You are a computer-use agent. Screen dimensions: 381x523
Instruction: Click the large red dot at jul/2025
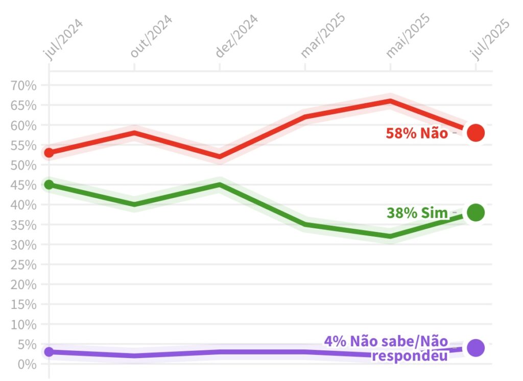[x=476, y=133]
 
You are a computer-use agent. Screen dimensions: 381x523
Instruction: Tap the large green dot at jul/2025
[x=476, y=212]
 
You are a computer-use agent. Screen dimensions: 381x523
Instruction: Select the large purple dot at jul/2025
[x=476, y=348]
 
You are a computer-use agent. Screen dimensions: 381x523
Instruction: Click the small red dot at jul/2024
[x=49, y=153]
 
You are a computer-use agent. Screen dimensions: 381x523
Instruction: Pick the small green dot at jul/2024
[x=49, y=184]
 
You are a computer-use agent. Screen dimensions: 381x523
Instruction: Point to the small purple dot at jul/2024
[x=49, y=352]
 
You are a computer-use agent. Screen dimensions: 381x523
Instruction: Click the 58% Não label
[x=417, y=133]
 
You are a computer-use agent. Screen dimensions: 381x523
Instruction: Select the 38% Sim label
[x=417, y=213]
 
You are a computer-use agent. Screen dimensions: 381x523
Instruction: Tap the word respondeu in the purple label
[x=410, y=355]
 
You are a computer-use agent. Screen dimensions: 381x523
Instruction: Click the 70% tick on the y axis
[x=24, y=85]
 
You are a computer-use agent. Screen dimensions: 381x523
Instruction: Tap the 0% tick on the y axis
[x=28, y=364]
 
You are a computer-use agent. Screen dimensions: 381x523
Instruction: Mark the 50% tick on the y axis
[x=24, y=165]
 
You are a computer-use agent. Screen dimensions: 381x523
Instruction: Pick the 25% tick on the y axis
[x=24, y=265]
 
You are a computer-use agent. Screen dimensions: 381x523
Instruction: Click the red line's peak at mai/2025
[x=391, y=101]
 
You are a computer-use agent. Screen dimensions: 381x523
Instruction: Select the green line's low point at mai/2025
[x=391, y=236]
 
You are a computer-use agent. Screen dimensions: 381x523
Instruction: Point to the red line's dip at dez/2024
[x=220, y=157]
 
